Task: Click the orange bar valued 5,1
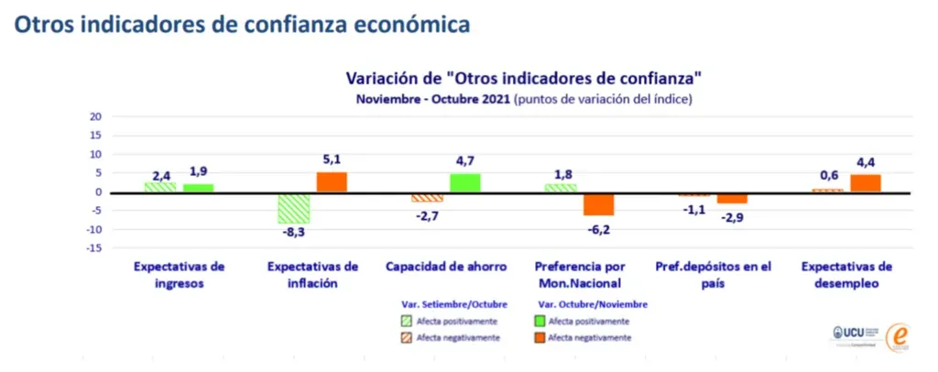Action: [x=332, y=182]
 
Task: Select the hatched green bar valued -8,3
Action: [x=295, y=208]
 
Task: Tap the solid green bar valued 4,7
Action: [x=465, y=183]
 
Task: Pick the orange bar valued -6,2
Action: [x=598, y=203]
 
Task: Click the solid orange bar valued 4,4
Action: [x=866, y=183]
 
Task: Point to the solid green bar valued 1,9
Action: [x=198, y=188]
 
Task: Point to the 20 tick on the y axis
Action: [x=95, y=116]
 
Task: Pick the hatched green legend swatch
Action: [x=408, y=321]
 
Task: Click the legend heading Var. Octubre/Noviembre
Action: [x=593, y=303]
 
